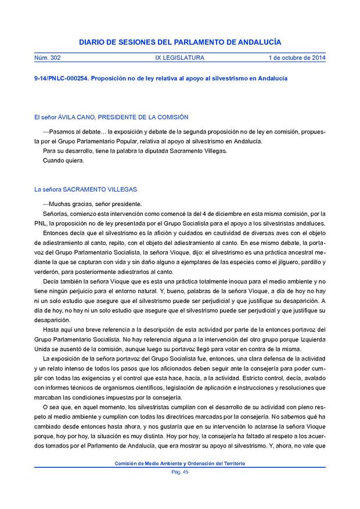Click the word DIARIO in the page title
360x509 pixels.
pos(93,42)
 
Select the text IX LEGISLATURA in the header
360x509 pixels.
pos(180,58)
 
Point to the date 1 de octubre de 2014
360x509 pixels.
pos(297,58)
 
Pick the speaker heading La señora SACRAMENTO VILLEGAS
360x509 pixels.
pos(85,189)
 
